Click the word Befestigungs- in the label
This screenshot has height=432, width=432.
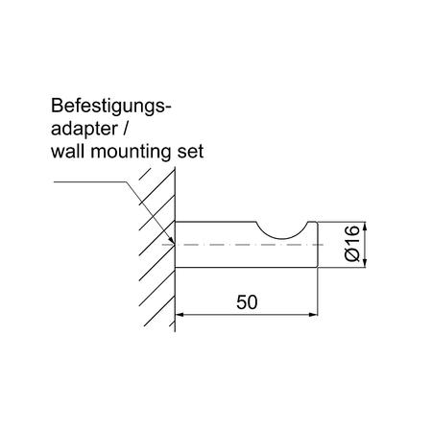(111, 107)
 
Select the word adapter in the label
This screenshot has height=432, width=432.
(84, 129)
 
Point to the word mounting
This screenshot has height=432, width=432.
(132, 152)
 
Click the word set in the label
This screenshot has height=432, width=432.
(190, 152)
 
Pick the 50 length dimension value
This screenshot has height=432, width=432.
(247, 302)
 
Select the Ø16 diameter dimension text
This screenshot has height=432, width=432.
(352, 244)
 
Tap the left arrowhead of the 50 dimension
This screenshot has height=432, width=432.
(180, 315)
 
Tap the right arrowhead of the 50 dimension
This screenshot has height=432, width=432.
(313, 315)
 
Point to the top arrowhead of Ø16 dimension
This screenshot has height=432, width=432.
(366, 227)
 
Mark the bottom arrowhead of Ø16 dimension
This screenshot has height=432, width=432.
(366, 263)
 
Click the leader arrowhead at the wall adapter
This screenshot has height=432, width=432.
(172, 240)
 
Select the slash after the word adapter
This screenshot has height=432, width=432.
(125, 128)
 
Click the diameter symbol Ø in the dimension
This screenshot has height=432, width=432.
(352, 255)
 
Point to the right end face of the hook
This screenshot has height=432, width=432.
(317, 245)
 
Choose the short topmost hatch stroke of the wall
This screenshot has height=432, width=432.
(145, 173)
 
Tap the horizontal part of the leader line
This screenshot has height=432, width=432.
(90, 181)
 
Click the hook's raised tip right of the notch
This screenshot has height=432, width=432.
(312, 223)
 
